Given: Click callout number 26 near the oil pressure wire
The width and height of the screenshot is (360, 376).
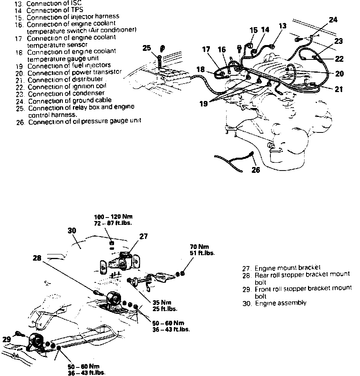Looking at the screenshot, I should (256, 170).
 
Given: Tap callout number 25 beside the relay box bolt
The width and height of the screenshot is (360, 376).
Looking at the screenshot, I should (146, 48).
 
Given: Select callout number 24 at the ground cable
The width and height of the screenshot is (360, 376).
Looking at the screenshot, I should (333, 19).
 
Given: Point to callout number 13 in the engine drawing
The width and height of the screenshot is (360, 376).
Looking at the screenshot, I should (283, 26).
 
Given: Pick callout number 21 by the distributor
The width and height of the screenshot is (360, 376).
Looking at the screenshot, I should (339, 89).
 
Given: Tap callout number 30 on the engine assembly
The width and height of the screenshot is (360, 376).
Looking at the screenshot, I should (72, 230).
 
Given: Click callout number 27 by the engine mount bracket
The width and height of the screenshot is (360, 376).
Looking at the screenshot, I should (144, 237).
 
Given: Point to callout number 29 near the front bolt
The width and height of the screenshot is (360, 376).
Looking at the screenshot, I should (6, 339).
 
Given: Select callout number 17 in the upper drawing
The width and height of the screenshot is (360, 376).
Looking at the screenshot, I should (206, 49).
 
